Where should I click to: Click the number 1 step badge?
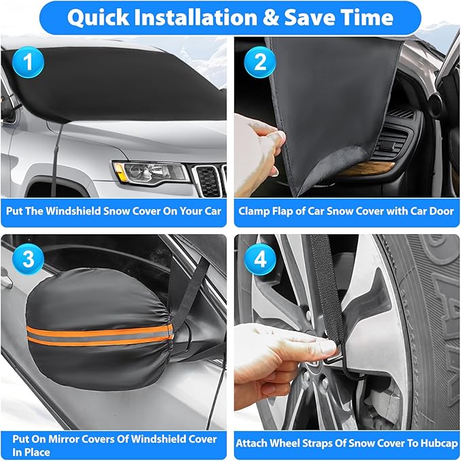[27, 62]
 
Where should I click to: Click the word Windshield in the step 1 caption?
[83, 211]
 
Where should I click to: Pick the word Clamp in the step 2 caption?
[255, 211]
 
